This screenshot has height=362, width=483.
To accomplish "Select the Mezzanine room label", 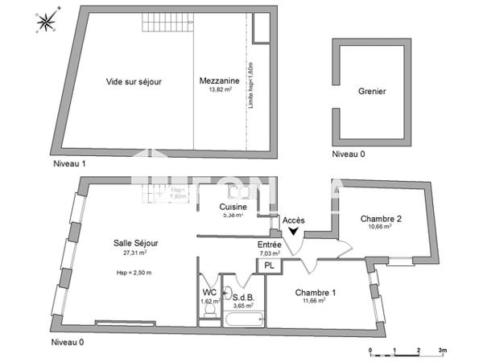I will [219, 82].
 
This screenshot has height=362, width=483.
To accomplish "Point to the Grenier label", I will [372, 91].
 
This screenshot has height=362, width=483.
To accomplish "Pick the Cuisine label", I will [233, 207].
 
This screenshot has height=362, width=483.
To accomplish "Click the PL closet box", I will [269, 265].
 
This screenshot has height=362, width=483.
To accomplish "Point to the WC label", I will [208, 292].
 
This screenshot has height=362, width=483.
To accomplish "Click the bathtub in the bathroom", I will [244, 320].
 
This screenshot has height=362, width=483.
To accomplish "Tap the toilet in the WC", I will [208, 316].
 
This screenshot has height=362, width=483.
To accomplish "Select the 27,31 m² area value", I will [134, 253].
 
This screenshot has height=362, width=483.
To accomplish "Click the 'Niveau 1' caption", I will [68, 164].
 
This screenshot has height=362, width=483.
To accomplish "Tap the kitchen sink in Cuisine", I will [239, 193].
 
